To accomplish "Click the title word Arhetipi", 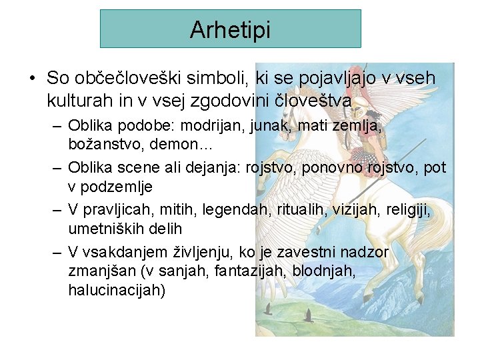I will point(230,30).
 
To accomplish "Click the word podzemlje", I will point(119,187).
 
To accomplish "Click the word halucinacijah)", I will point(117,291).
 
